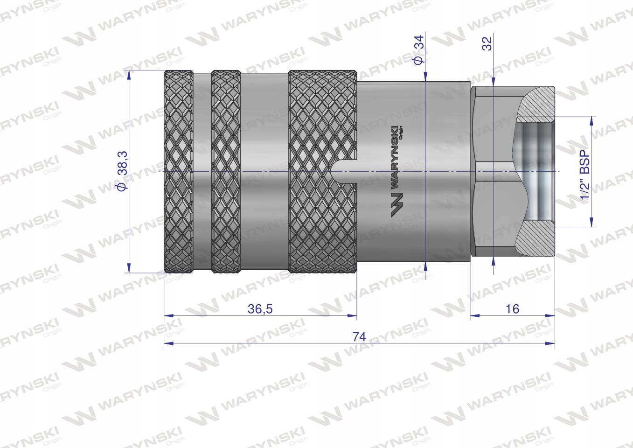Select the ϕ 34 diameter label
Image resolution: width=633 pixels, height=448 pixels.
click(x=418, y=51)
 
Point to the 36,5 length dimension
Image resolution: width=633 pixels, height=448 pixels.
click(x=260, y=308)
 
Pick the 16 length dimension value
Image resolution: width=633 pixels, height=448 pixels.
click(x=512, y=308)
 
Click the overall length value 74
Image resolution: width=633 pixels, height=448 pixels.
click(x=359, y=336)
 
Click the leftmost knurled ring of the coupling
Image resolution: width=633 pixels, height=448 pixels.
click(x=179, y=171)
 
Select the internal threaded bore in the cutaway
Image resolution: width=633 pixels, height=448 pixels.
click(x=536, y=171)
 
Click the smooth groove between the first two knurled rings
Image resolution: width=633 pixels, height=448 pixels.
click(x=202, y=171)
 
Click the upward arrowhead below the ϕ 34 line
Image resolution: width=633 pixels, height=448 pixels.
click(x=426, y=266)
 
